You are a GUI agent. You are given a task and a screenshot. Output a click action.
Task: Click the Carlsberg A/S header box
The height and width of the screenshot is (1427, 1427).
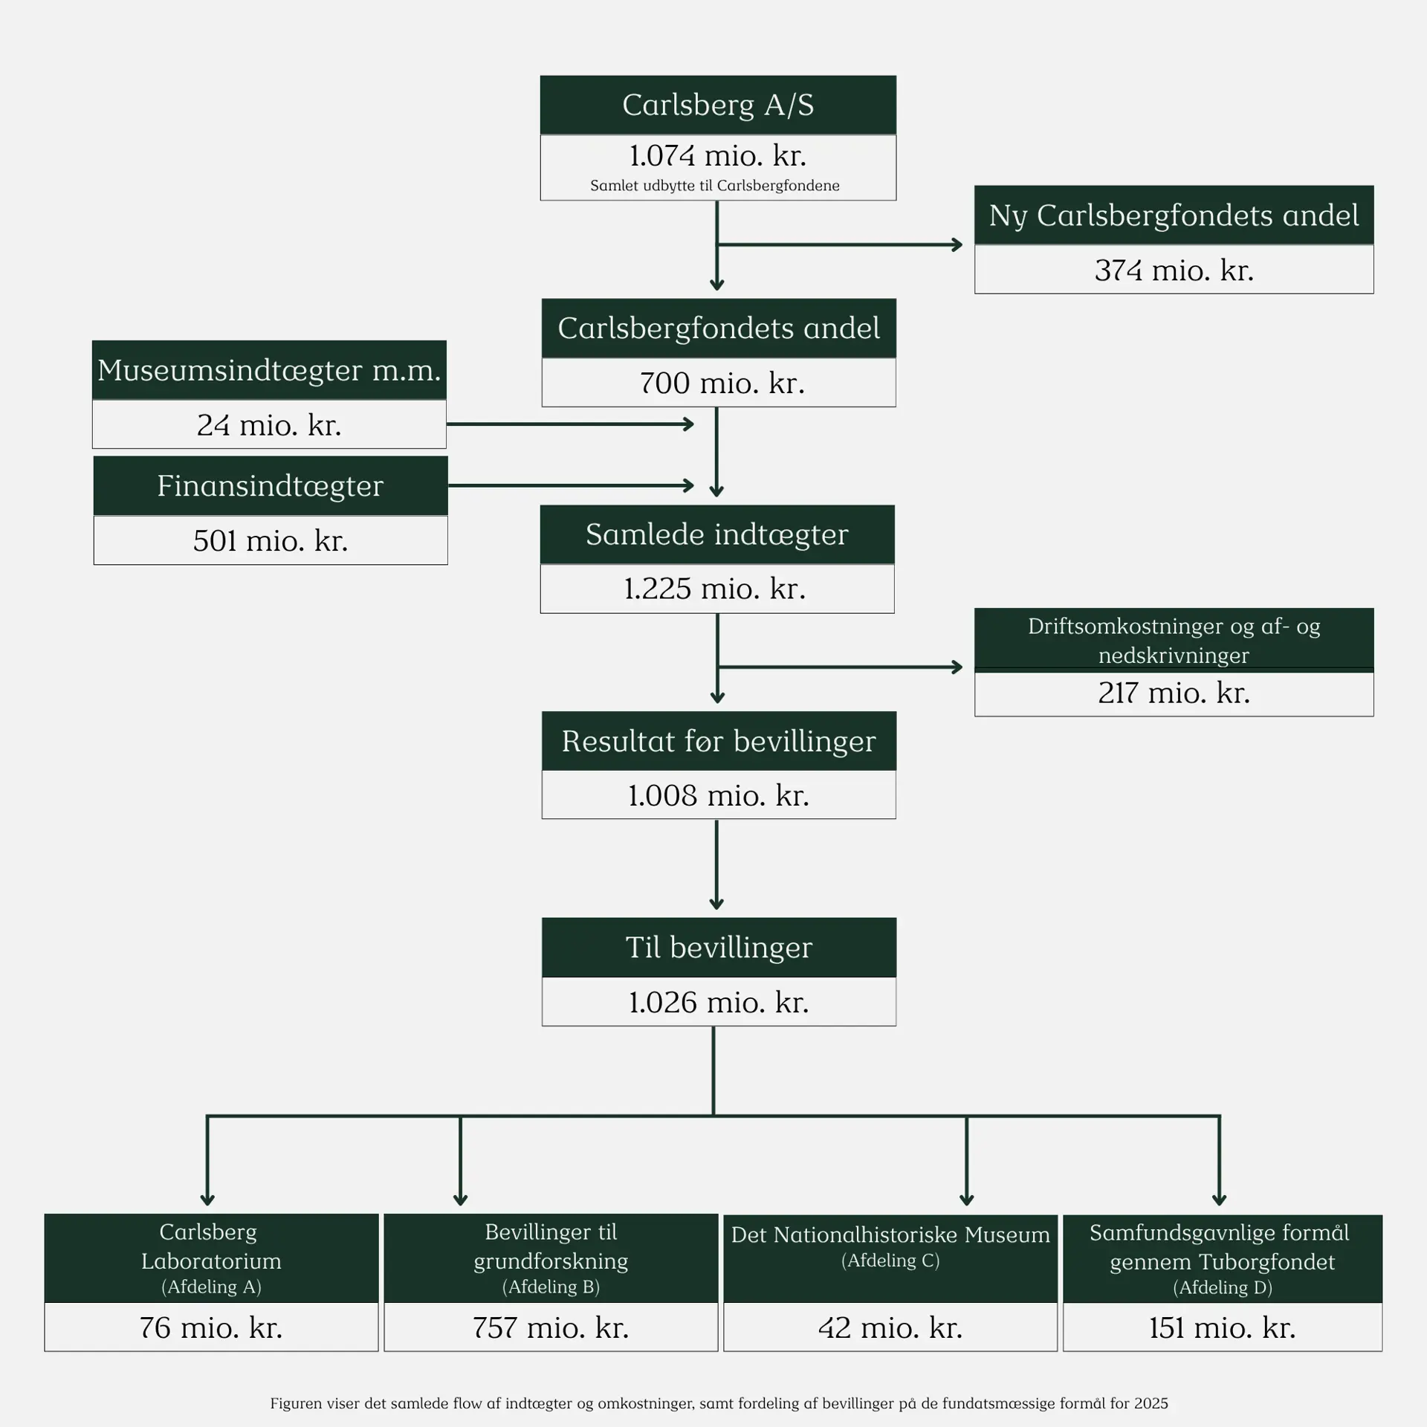718,105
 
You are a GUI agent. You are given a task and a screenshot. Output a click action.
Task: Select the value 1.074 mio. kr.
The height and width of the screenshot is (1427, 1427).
718,156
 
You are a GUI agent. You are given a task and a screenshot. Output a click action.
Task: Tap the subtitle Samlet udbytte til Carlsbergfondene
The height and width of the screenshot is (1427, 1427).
715,186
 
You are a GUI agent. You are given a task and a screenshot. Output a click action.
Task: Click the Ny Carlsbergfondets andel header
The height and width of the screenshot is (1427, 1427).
1174,216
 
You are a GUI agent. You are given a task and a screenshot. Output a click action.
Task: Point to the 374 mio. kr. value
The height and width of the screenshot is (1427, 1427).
1174,270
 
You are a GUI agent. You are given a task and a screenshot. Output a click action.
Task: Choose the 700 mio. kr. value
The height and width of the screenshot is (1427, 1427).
722,384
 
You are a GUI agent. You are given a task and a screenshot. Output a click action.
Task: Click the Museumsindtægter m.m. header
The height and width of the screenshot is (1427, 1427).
269,370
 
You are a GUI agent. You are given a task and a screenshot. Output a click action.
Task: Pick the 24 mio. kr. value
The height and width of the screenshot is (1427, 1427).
269,425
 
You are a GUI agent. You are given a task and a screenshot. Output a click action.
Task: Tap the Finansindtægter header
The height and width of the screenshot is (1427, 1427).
270,486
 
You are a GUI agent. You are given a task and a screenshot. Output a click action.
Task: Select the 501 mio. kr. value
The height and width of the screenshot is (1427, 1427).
271,540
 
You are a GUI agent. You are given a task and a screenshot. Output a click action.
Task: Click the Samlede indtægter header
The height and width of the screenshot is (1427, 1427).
717,534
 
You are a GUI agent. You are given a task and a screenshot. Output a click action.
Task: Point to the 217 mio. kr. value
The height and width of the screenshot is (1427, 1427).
1174,693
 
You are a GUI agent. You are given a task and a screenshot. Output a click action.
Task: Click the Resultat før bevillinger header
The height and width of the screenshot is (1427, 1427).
719,741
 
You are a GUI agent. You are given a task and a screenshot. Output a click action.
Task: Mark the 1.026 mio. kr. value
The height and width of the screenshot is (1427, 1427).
719,1003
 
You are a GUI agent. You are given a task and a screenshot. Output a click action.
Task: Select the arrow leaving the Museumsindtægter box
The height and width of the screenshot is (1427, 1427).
570,424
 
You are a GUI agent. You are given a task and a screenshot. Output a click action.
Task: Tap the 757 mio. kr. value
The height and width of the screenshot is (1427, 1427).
551,1327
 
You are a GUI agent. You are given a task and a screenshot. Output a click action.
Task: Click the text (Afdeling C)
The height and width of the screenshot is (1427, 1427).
890,1261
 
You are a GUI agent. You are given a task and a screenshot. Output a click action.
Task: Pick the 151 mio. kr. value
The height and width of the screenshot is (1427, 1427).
1222,1327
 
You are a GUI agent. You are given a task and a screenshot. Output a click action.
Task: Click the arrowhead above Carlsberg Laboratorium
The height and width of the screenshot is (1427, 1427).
207,1199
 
